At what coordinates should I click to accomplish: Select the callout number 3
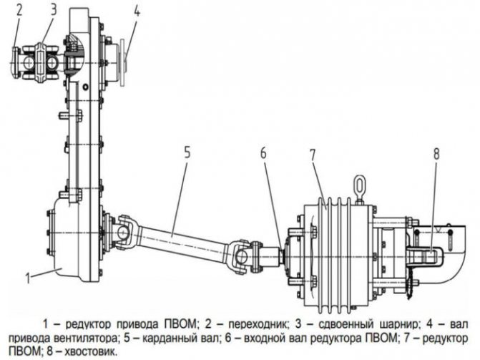click(54, 10)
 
